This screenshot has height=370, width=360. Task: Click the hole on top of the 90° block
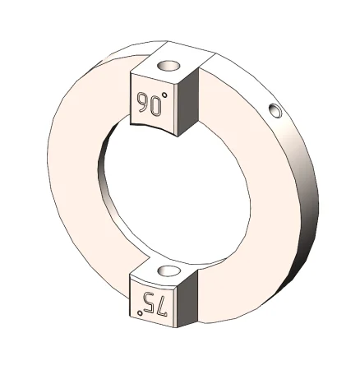click(x=168, y=66)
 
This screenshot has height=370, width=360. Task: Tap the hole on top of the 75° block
click(x=168, y=271)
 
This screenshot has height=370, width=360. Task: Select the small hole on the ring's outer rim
click(x=275, y=111)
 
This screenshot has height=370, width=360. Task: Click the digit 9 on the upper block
click(x=142, y=102)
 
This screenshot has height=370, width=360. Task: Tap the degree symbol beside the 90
click(x=164, y=95)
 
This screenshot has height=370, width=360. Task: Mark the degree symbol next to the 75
click(x=140, y=312)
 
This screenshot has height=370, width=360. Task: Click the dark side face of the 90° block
click(x=188, y=102)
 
